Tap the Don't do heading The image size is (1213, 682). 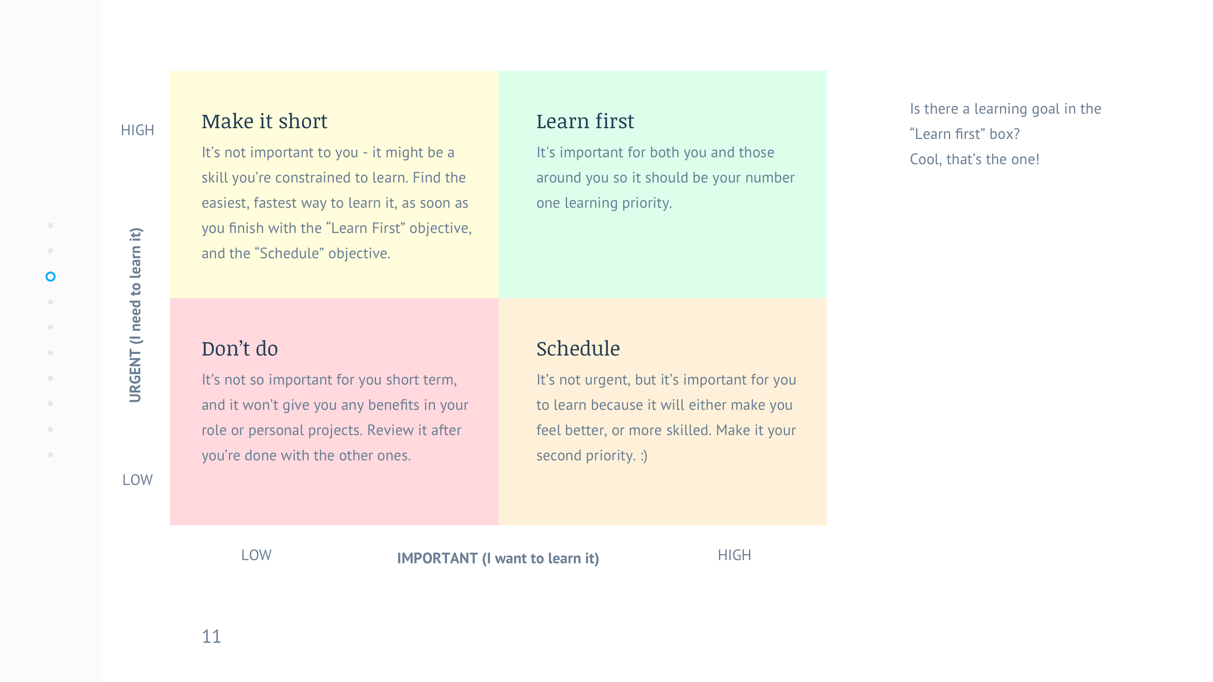click(240, 349)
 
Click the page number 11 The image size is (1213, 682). click(211, 637)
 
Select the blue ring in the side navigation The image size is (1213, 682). click(51, 276)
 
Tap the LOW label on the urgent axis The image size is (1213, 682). click(137, 480)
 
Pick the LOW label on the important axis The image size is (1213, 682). click(256, 555)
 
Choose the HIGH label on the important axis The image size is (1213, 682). click(734, 555)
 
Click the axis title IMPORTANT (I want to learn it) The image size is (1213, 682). click(498, 558)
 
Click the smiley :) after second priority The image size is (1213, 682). click(644, 456)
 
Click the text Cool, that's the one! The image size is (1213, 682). click(974, 159)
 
